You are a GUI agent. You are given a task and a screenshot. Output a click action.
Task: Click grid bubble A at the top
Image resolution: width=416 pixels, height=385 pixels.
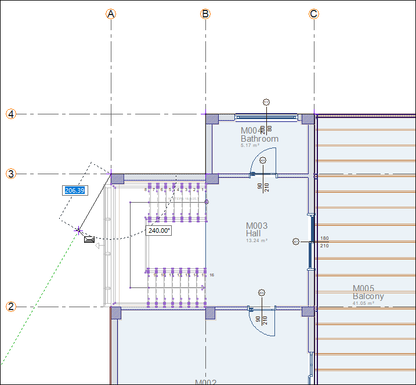(x=111, y=14)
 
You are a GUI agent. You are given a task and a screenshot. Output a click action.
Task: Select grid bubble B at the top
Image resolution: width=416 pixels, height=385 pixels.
(x=205, y=14)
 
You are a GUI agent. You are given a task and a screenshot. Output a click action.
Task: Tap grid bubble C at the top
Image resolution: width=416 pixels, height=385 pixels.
(x=314, y=14)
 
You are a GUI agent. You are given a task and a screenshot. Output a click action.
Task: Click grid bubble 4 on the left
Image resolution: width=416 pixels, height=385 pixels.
(x=11, y=114)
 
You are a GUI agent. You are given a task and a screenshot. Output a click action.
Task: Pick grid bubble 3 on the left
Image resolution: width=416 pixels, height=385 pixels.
(x=11, y=174)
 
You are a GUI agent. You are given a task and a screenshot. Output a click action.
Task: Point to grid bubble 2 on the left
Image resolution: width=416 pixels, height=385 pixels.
(x=11, y=307)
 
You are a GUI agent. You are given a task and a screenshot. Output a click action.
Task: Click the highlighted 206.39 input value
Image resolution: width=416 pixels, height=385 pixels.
(x=75, y=190)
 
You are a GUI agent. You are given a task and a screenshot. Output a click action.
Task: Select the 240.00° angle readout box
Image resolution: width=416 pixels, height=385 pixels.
(x=159, y=231)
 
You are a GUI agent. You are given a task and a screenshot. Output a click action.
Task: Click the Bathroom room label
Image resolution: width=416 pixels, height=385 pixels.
(x=259, y=139)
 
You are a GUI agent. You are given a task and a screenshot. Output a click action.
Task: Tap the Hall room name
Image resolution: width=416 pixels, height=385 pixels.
(x=253, y=233)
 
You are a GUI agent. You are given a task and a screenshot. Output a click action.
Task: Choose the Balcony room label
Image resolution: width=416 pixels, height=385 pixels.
(x=368, y=296)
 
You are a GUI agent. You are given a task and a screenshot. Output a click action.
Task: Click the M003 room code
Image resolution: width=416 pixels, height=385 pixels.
(x=256, y=225)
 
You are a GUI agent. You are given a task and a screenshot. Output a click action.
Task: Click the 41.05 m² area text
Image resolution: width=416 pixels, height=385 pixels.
(x=363, y=303)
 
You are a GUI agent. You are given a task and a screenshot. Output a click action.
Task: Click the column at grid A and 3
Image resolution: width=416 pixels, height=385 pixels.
(x=117, y=179)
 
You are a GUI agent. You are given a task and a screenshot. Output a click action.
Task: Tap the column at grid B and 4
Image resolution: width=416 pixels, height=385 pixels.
(x=212, y=119)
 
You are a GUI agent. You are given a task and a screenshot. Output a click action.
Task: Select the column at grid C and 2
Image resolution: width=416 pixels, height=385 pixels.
(x=308, y=311)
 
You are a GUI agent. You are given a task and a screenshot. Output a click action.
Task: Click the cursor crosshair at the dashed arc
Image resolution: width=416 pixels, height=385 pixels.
(x=78, y=231)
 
